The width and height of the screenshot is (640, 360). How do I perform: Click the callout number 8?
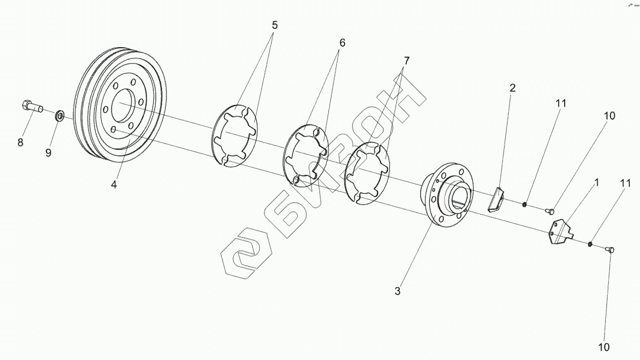click(x=21, y=142)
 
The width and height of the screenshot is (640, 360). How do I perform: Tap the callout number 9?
click(x=49, y=153)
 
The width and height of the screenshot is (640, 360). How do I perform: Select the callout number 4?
click(x=114, y=184)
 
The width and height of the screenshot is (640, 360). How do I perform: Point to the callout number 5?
click(x=274, y=25)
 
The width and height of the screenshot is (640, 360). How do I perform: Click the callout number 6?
click(x=342, y=43)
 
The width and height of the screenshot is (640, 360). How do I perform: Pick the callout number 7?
click(x=406, y=61)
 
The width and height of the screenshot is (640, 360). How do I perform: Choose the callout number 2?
click(x=512, y=88)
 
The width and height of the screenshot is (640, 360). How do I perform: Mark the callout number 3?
click(x=397, y=290)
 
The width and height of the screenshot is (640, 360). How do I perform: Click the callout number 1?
click(x=596, y=183)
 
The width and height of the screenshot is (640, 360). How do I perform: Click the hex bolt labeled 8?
click(x=32, y=107)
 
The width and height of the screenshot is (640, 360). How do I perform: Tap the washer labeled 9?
click(x=60, y=115)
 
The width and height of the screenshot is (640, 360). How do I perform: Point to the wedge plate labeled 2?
click(x=496, y=199)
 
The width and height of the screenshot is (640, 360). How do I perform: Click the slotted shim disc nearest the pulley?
click(x=235, y=136)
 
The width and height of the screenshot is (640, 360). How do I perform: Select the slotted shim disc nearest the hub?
click(x=367, y=174)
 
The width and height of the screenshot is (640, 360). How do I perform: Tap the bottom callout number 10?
click(x=604, y=347)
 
